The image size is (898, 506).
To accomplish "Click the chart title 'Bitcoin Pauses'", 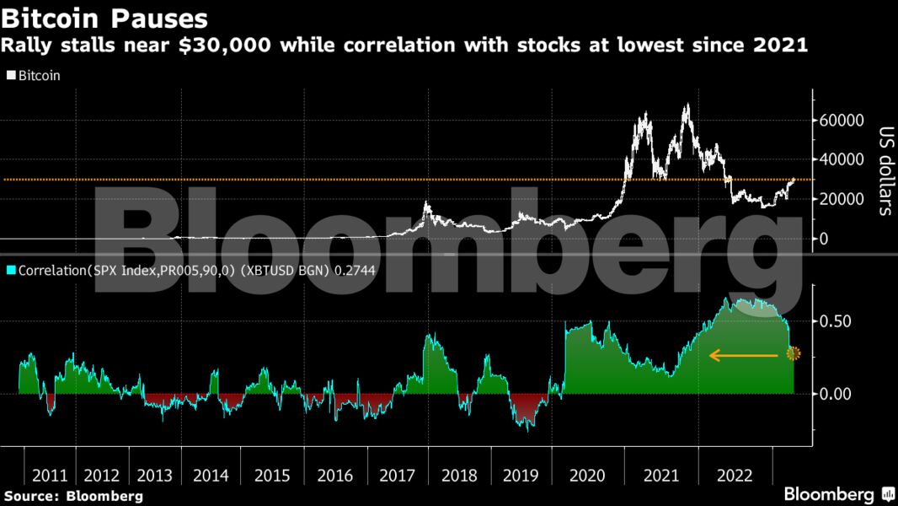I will (106, 17).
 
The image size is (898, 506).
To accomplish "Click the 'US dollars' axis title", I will (885, 171).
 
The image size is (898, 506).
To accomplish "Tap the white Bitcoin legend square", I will (10, 75).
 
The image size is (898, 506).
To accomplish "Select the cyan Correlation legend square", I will (10, 272).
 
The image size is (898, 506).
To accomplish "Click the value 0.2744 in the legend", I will (355, 272).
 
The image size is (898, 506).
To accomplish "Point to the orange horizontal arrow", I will (743, 356).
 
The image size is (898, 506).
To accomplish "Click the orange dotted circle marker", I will (793, 354).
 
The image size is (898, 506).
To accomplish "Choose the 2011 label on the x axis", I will (50, 475).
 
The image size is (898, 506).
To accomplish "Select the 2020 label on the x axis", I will (588, 475).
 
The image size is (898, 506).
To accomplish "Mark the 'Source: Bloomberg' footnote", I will (73, 495).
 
